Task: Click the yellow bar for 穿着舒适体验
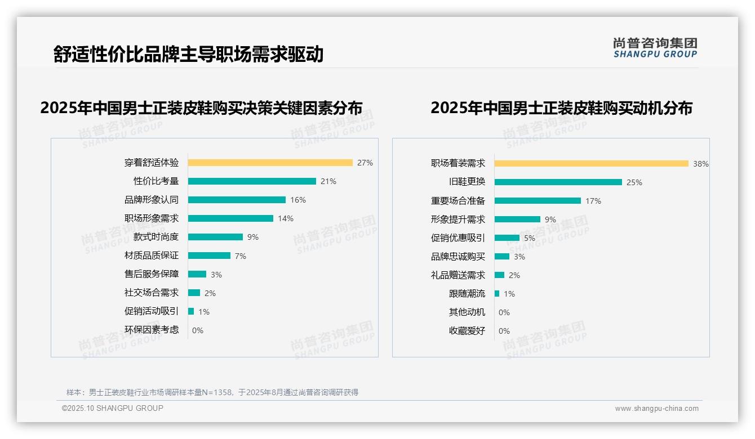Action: pos(270,163)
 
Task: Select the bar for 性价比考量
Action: pos(252,181)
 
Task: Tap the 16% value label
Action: pos(298,200)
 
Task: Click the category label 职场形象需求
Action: pos(151,218)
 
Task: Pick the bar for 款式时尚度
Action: pos(215,237)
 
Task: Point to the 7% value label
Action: pos(241,256)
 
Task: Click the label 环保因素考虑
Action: pos(151,330)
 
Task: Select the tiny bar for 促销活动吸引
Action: pos(191,311)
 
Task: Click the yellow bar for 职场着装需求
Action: pos(591,164)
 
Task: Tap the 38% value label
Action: pos(700,164)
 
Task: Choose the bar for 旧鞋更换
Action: pos(558,182)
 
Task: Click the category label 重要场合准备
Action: pos(458,201)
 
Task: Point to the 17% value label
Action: pos(593,201)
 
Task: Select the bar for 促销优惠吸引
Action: pos(507,238)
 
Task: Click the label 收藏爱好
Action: pos(467,331)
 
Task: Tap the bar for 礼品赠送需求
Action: pos(499,275)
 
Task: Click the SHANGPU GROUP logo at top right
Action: pos(655,48)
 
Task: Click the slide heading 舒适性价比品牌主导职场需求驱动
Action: pos(188,54)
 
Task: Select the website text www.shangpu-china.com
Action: pos(656,409)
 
